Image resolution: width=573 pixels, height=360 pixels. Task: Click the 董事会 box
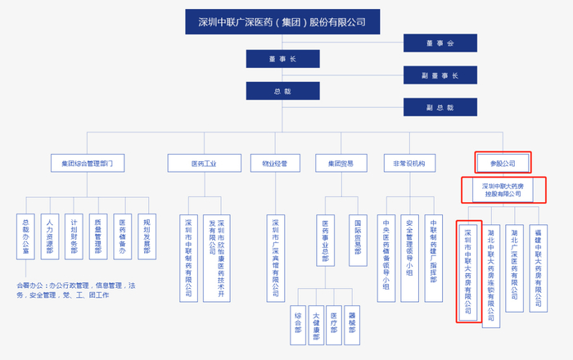pos(440,43)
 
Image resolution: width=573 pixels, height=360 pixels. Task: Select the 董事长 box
pos(283,59)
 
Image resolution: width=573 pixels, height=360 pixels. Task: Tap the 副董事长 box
pos(440,75)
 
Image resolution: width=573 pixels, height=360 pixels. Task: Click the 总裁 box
pos(283,92)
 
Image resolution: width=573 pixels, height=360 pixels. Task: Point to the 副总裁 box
pos(440,107)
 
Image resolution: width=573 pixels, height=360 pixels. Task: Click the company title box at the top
pos(282,20)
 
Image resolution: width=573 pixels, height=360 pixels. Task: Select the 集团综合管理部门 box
pos(87,163)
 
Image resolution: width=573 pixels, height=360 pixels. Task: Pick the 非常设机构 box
pos(408,163)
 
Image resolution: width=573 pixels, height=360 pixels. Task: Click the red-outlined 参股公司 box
pos(503,163)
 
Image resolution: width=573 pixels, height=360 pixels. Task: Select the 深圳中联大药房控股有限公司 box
pos(503,191)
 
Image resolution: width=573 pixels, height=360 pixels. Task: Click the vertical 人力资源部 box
pos(50,236)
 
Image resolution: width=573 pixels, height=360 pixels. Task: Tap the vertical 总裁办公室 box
pos(26,236)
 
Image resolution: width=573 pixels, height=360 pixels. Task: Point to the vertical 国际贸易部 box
pos(357,241)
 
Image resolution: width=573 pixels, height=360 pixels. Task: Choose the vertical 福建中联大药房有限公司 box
pos(539,268)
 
